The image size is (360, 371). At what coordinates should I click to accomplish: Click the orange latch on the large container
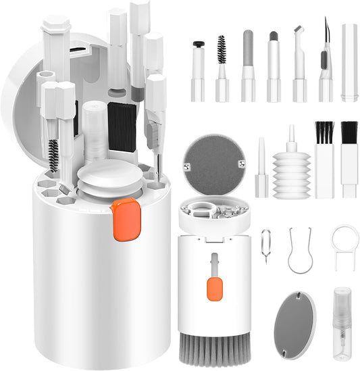coord(126,220)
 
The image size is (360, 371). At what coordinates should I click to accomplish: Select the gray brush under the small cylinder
coord(213,349)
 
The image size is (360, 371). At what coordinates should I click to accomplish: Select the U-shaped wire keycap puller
coord(300,249)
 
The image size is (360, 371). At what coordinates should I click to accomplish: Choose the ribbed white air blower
coord(291,172)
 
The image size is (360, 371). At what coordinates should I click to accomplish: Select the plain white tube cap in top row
coord(349,62)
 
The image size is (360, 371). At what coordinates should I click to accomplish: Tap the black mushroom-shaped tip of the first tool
coord(198,45)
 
